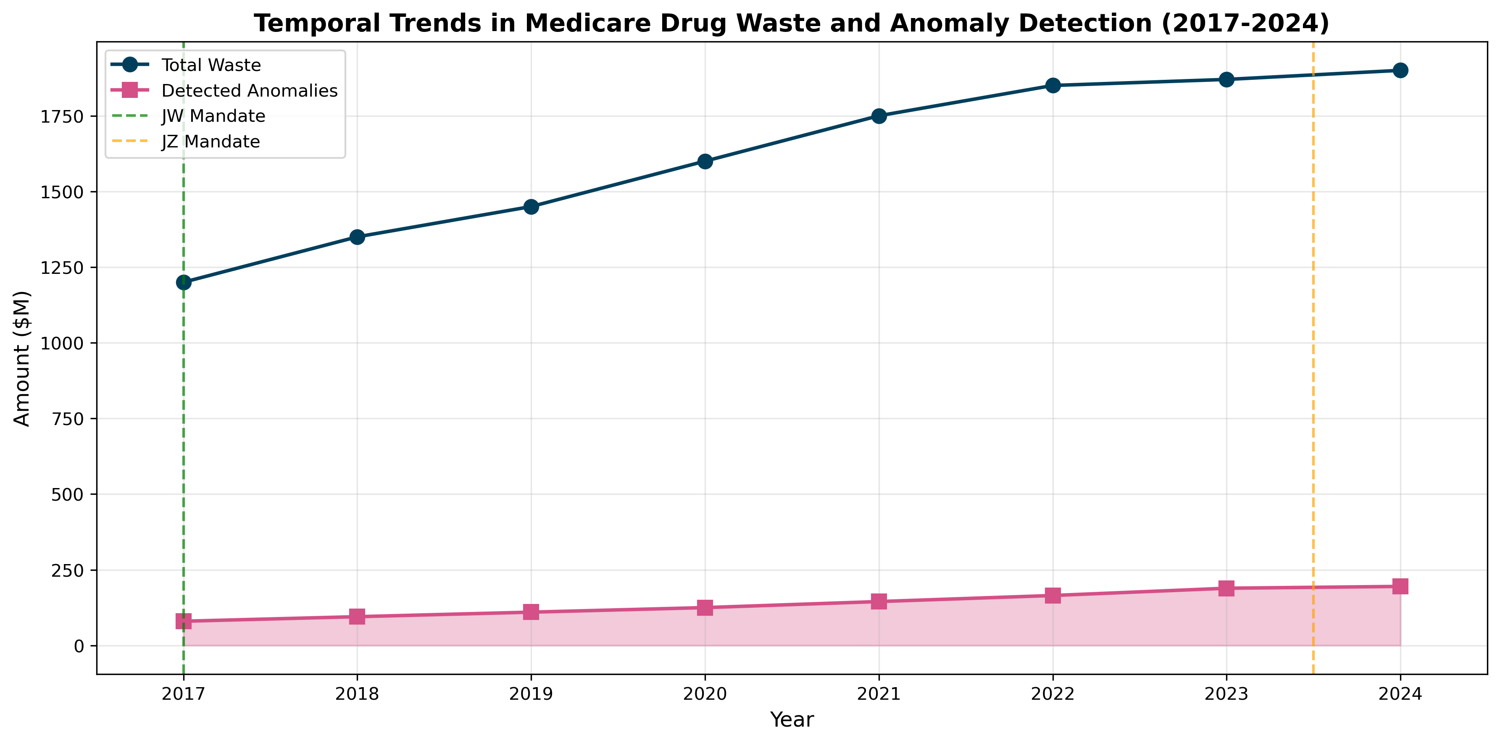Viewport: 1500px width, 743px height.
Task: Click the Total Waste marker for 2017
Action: pos(184,282)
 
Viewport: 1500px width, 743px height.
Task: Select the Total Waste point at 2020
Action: pos(705,161)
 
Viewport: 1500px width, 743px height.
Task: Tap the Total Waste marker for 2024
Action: pos(1400,71)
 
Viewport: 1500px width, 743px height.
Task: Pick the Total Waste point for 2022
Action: pos(1053,86)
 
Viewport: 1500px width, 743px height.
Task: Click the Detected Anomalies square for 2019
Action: pos(531,612)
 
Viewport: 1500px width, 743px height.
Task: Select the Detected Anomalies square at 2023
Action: pos(1227,588)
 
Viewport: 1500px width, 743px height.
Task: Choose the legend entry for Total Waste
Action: pos(211,65)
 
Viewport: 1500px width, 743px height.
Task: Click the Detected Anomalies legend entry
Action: pos(249,91)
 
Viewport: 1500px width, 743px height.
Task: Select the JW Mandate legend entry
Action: pos(213,116)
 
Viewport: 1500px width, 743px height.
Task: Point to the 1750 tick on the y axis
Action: pos(62,116)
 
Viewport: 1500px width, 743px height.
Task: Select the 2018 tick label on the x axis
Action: pos(357,694)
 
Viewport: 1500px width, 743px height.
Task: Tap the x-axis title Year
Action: pos(792,720)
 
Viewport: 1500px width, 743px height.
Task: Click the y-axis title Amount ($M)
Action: pos(22,359)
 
